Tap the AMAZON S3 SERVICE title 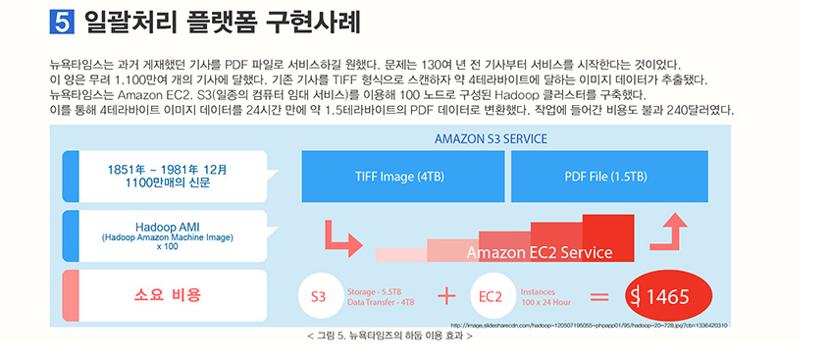[x=491, y=138]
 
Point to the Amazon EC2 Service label [x=539, y=253]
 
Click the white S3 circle [x=318, y=296]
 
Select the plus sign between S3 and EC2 [x=446, y=296]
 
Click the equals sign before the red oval [x=597, y=296]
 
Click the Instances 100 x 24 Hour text [x=545, y=296]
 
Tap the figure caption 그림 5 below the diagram [x=390, y=336]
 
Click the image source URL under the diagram [x=589, y=325]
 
